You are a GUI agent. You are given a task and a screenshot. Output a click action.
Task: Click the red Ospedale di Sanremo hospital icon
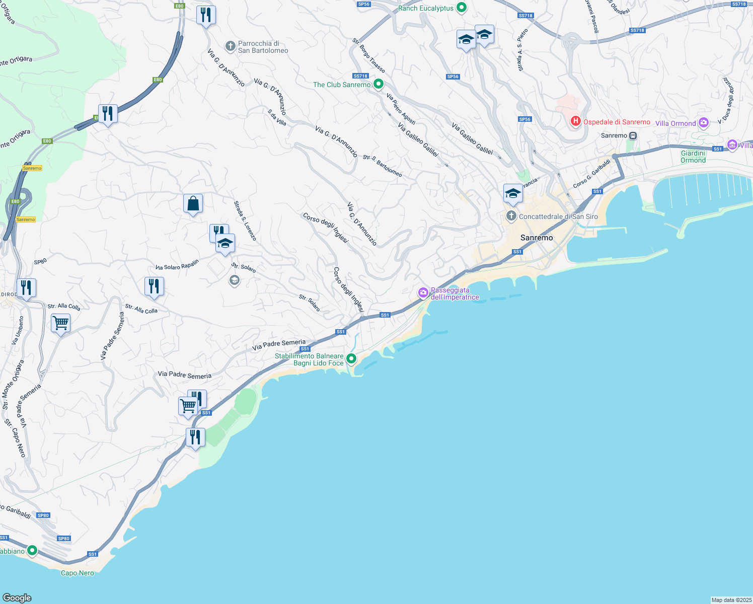pos(575,121)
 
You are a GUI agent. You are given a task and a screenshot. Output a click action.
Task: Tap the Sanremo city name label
pos(537,238)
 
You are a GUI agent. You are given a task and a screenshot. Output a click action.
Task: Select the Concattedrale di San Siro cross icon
pos(511,216)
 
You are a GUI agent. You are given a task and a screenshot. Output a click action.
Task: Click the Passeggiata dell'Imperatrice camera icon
pos(423,292)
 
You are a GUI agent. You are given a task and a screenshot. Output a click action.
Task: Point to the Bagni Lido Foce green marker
pos(351,358)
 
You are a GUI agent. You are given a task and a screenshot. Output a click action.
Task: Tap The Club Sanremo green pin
pos(379,84)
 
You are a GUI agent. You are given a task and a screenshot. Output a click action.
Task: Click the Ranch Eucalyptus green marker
pos(461,8)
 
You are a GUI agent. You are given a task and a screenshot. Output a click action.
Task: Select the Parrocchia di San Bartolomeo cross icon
pos(230,47)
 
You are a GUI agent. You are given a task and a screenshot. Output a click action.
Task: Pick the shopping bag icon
pos(193,204)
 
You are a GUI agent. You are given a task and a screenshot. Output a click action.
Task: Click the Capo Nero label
pos(78,573)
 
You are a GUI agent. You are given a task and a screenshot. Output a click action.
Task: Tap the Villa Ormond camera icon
pos(704,122)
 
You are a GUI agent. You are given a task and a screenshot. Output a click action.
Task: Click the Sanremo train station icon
pos(633,135)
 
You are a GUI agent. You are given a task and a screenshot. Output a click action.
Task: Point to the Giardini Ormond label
pos(693,157)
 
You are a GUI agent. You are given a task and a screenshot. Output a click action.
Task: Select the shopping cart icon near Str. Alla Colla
pos(60,322)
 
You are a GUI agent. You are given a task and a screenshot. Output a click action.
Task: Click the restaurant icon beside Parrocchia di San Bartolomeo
pos(206,15)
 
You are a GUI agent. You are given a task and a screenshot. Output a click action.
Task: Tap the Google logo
pos(17,597)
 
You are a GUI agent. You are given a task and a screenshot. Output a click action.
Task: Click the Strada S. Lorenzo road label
pos(245,220)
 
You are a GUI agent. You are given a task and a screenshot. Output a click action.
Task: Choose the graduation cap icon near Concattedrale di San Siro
pos(512,193)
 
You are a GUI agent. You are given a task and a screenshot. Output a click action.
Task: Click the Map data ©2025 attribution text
pos(731,600)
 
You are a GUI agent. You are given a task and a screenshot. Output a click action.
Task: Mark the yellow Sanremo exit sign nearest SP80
pos(26,219)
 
